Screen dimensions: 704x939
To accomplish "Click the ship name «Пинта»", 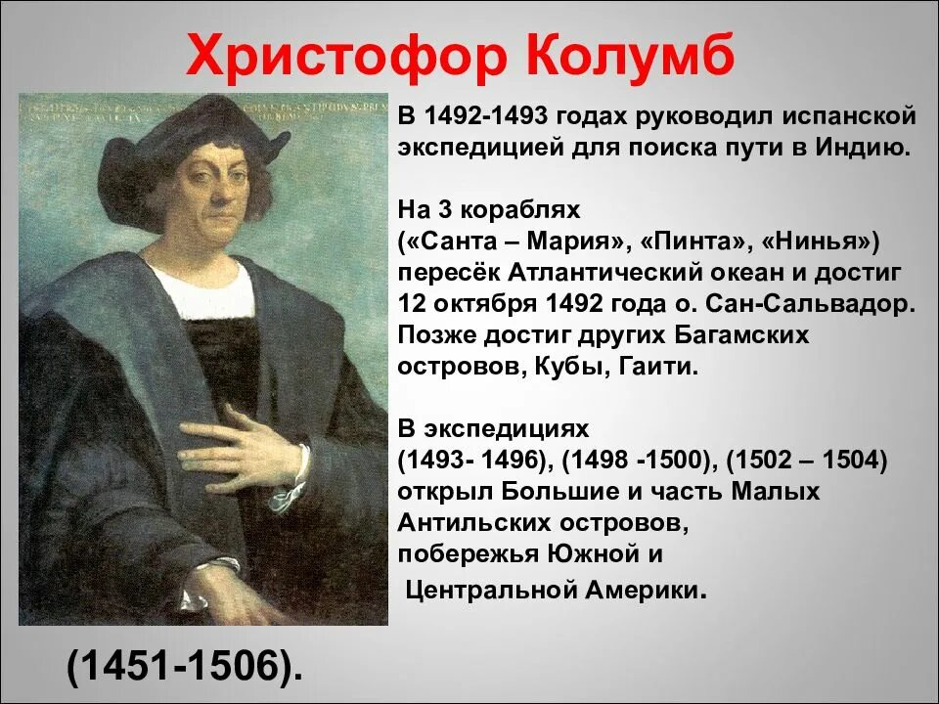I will click(667, 241).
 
